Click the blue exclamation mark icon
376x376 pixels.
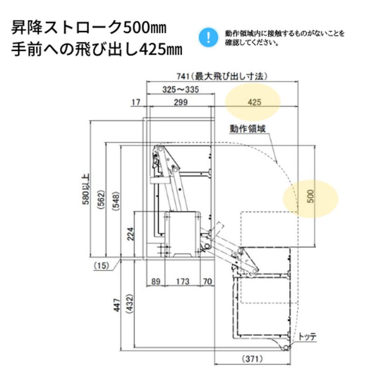click(208, 37)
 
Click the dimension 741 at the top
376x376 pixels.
click(180, 76)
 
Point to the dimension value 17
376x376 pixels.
click(135, 102)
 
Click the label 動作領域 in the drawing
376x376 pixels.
click(247, 129)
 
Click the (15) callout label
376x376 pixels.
click(101, 265)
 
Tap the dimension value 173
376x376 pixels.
click(182, 282)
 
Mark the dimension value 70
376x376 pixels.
click(207, 282)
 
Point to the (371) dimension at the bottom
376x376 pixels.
click(252, 358)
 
